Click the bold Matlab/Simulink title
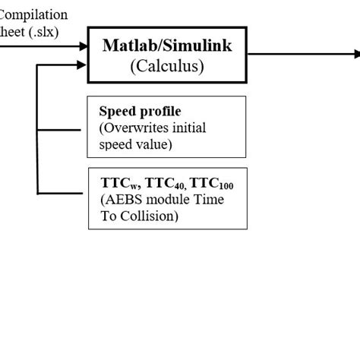167,46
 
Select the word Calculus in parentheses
167,66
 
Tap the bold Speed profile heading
134,111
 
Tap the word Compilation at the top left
34,15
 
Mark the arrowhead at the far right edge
355,53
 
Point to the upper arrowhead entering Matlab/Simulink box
84,46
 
